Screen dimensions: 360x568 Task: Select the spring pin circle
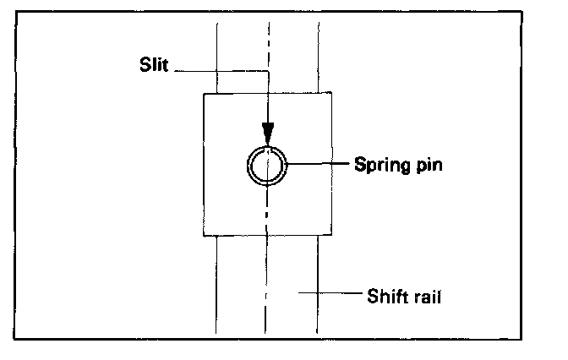(x=268, y=166)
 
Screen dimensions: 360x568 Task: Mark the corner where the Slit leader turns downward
(x=268, y=71)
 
